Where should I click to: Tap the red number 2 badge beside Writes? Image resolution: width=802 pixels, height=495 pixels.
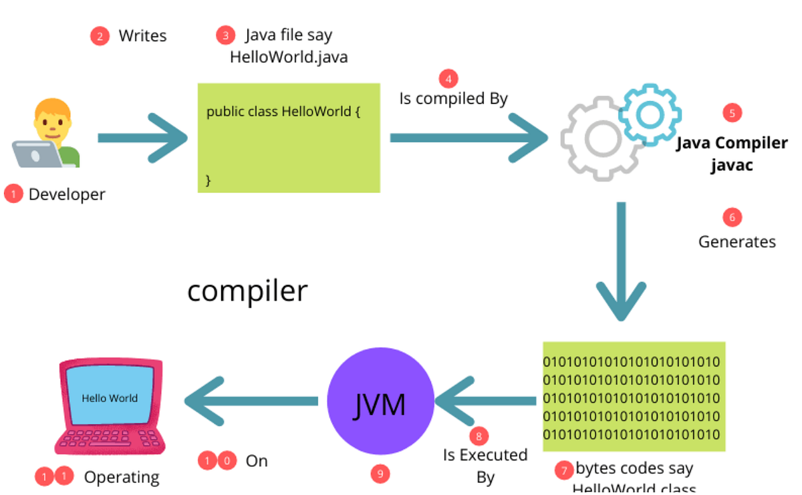point(100,36)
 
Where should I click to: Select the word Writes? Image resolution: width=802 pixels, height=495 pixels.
point(142,36)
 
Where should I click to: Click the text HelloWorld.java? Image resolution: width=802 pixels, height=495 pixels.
point(289,57)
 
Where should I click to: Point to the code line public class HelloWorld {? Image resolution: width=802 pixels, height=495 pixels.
point(283,112)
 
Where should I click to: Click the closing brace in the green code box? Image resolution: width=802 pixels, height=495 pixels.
point(209,180)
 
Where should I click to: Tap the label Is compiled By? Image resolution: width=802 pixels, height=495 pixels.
point(454,99)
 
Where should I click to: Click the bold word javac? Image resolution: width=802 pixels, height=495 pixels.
point(731,165)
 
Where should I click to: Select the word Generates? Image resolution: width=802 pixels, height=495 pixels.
point(737,242)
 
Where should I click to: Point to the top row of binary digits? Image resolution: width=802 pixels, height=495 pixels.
point(631,363)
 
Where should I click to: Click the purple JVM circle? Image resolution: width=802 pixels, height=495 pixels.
point(380,402)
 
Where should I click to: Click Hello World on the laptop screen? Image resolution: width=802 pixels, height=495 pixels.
point(110,398)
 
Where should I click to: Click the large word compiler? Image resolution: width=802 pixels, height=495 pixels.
point(247,291)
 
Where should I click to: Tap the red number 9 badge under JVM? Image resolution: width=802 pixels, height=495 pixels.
point(380,474)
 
